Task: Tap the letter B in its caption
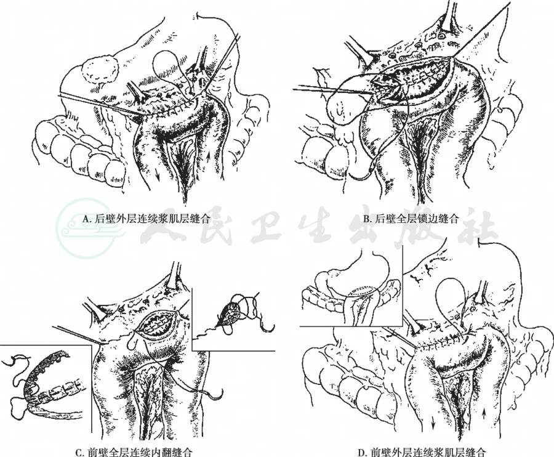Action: (367, 219)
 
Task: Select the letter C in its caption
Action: (79, 452)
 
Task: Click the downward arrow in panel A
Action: (158, 174)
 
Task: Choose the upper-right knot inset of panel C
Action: (233, 318)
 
